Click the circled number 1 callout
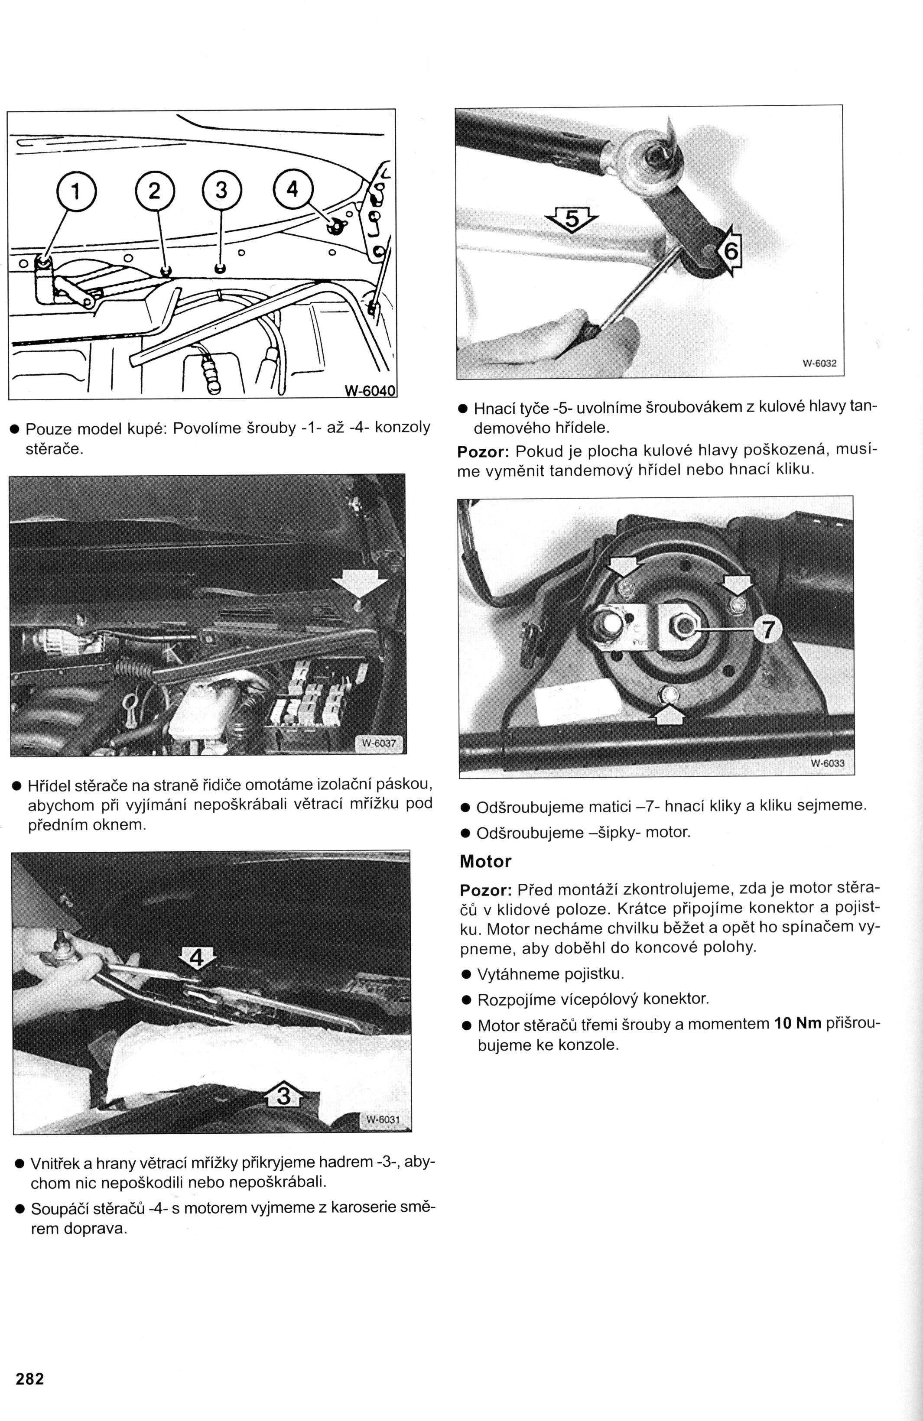75,191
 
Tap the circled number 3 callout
221,191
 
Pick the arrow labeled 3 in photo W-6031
283,1096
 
